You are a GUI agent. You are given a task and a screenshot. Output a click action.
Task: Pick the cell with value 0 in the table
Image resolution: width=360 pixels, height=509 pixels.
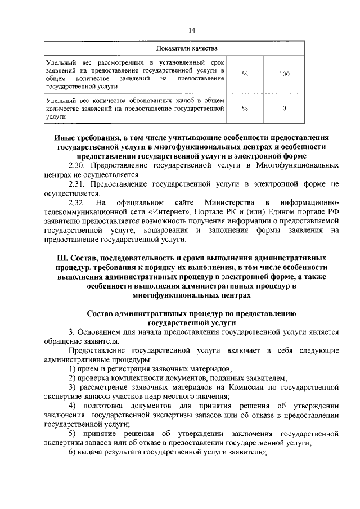click(284, 108)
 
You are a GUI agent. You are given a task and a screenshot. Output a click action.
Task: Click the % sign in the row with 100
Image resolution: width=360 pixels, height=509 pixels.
click(245, 74)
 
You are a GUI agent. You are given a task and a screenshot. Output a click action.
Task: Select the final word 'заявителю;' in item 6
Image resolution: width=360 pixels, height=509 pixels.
click(248, 453)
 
